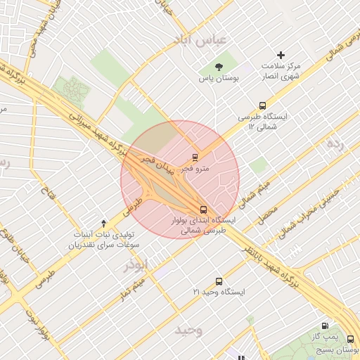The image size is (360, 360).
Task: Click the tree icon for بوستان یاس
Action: click(220, 67)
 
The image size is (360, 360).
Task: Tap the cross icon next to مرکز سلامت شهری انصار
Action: click(281, 55)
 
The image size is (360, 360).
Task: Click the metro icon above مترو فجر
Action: click(195, 157)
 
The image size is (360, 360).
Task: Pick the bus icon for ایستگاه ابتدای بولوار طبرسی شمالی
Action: click(203, 210)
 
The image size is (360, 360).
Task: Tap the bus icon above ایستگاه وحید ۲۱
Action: click(219, 281)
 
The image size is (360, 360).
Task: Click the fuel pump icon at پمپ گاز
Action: click(324, 326)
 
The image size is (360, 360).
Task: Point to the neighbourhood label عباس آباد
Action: click(203, 40)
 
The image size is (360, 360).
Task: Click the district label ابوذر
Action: click(137, 266)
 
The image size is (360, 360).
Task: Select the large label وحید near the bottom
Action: click(189, 330)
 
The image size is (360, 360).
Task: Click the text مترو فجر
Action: click(195, 169)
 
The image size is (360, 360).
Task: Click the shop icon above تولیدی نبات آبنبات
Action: click(104, 222)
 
